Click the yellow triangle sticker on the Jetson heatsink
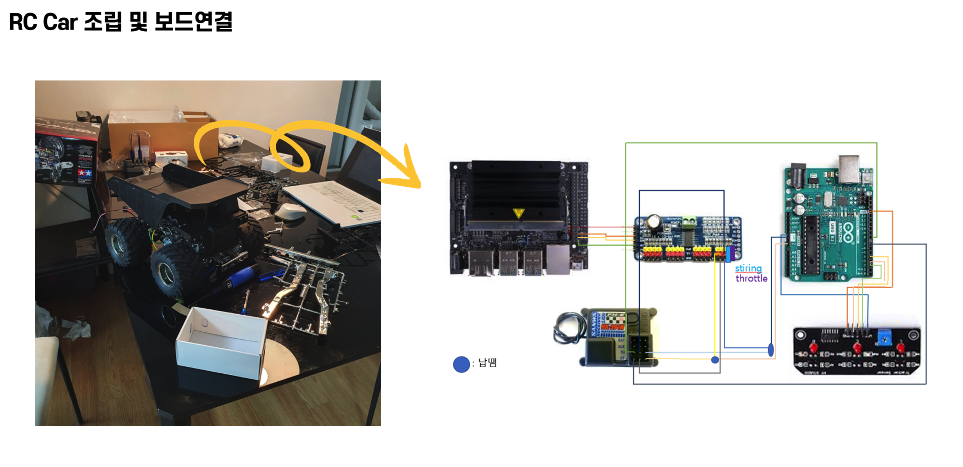(x=518, y=213)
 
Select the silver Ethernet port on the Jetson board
(x=558, y=259)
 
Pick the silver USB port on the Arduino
(x=849, y=169)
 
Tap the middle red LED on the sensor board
(x=857, y=348)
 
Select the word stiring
(x=748, y=268)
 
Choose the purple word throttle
(x=751, y=278)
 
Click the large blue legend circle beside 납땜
(x=461, y=364)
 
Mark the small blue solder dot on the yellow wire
(x=715, y=360)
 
